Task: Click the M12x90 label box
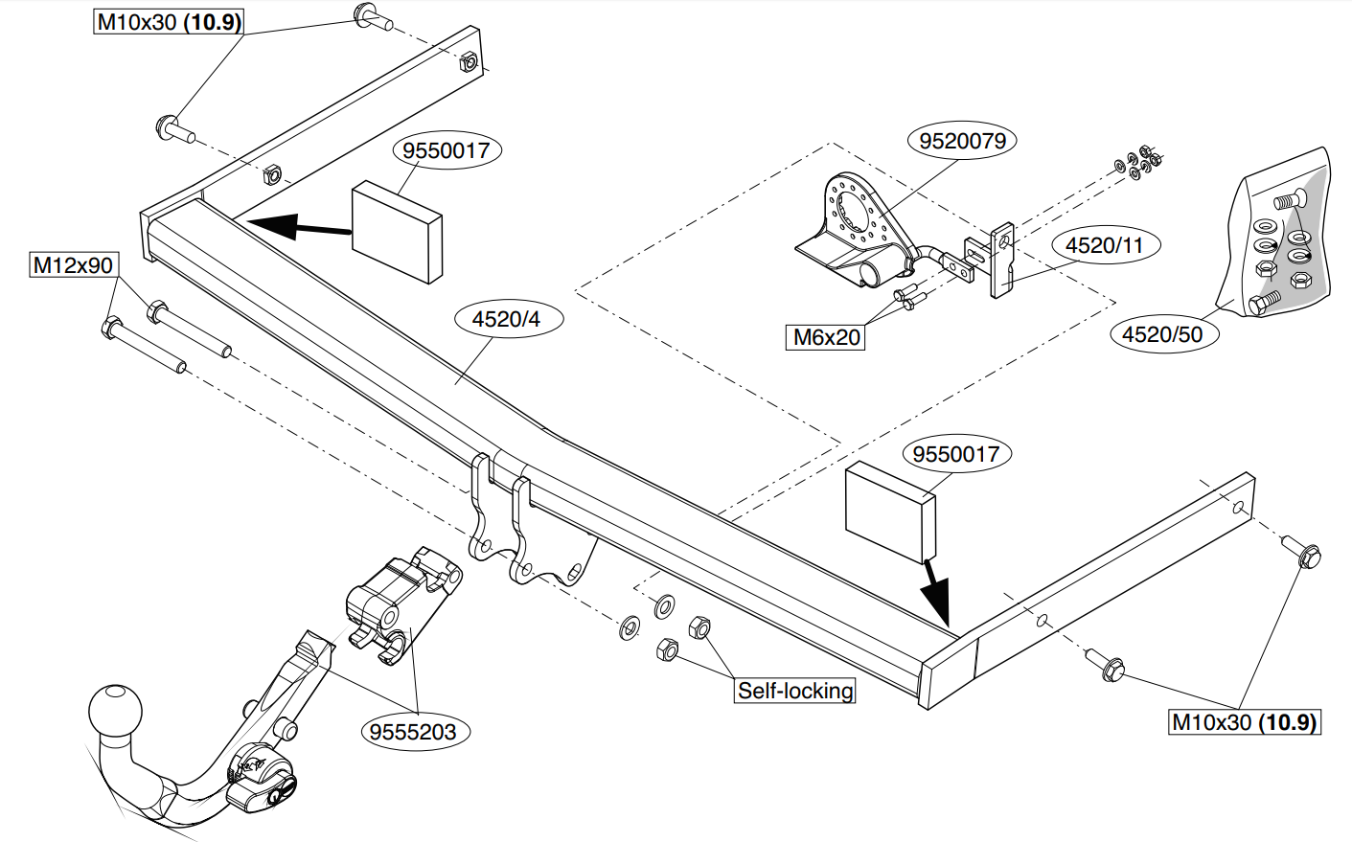tap(74, 265)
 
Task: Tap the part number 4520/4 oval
tap(506, 319)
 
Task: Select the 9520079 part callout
tap(962, 141)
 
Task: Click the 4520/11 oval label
tap(1104, 245)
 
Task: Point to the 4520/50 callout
tap(1162, 333)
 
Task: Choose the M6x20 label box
tap(825, 337)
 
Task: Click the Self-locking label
tap(795, 691)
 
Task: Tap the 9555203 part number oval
tap(413, 732)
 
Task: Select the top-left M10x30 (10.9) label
tap(169, 22)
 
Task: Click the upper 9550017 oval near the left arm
tap(447, 150)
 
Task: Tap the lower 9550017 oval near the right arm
tap(956, 454)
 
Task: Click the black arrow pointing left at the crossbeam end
tap(299, 226)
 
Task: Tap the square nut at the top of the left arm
tap(469, 61)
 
